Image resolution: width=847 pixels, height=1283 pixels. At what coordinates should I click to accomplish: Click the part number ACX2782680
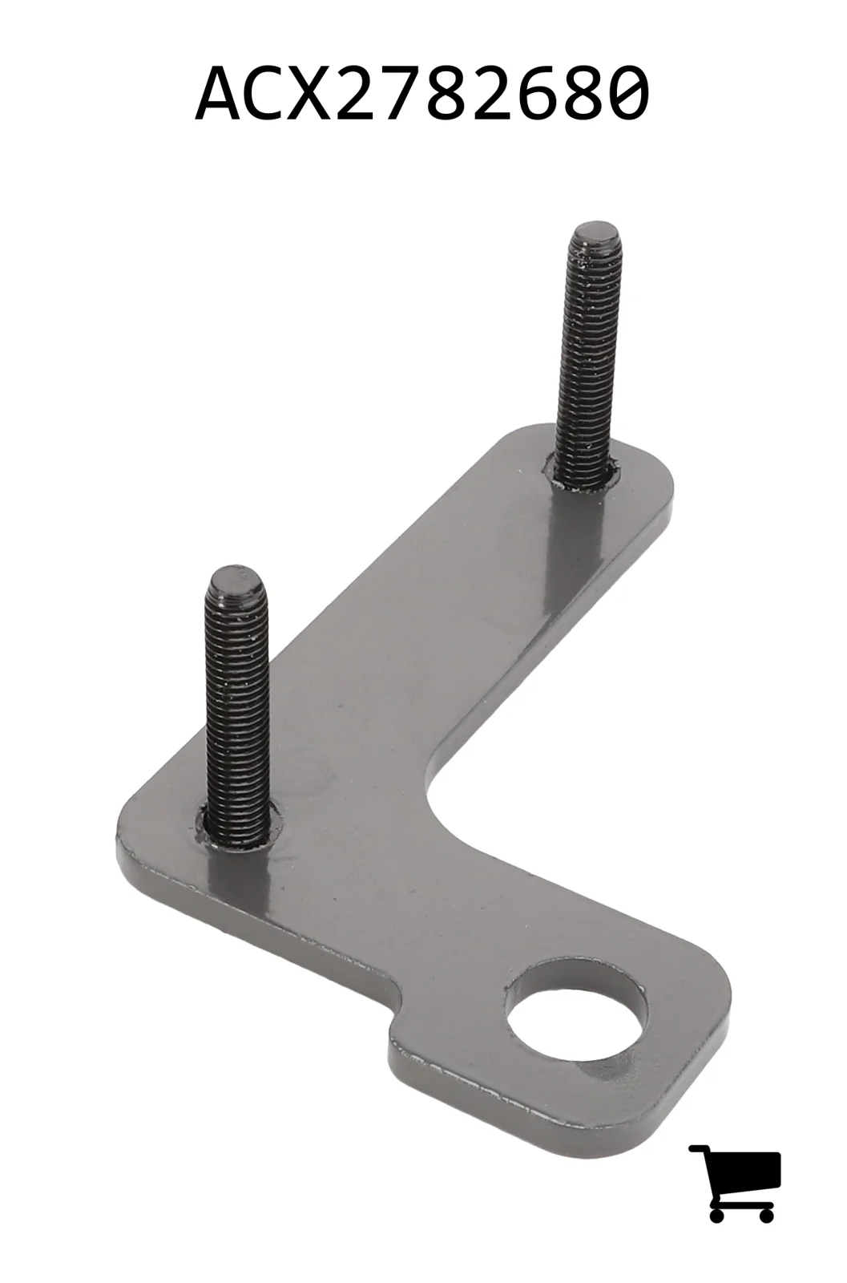pos(422,93)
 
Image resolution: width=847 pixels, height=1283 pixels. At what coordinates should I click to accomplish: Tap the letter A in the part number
pos(218,93)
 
